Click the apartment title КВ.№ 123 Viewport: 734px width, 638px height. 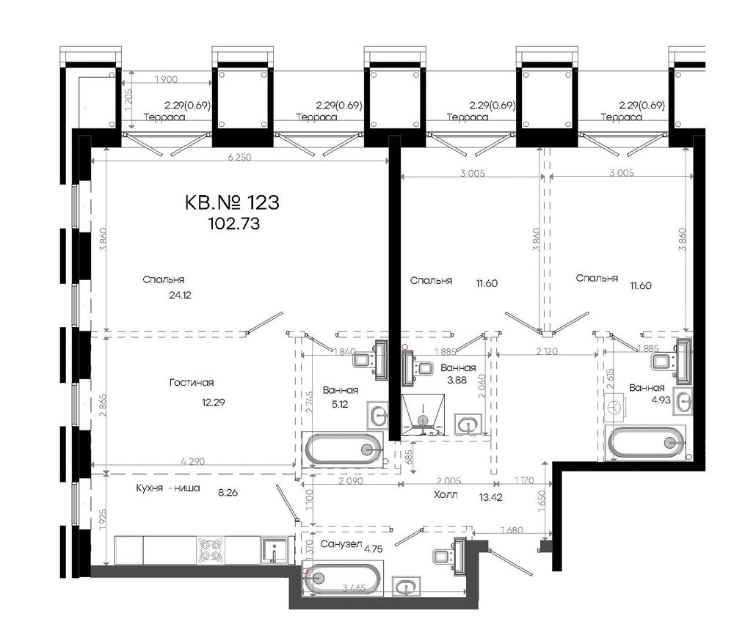232,202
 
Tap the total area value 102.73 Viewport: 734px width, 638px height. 233,224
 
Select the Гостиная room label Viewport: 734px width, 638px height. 192,383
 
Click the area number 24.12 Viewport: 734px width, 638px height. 181,295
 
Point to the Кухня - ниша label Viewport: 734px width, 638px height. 168,488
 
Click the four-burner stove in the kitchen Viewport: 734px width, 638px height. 210,550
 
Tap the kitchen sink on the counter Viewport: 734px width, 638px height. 274,551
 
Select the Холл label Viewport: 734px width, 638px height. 446,494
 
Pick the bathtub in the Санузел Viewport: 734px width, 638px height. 343,579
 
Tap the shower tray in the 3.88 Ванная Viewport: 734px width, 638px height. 424,414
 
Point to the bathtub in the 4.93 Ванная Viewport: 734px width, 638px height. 647,442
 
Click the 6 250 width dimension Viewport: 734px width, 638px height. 240,157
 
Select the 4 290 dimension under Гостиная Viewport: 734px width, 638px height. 193,461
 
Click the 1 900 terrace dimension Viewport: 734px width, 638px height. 166,79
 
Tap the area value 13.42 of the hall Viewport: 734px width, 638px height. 490,497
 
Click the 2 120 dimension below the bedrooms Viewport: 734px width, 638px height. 547,351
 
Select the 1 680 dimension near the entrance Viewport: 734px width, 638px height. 512,530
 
